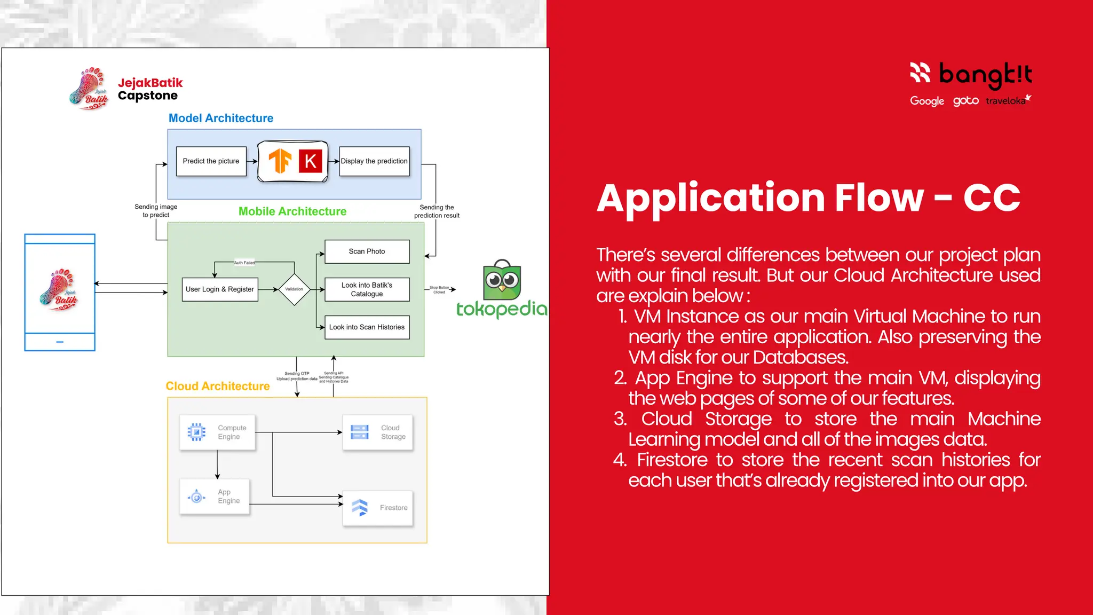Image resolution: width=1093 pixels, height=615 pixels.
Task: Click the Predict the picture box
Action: pos(211,161)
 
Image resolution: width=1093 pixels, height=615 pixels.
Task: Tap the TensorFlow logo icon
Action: pos(280,161)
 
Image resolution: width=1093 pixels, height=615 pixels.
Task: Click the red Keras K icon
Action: pos(311,161)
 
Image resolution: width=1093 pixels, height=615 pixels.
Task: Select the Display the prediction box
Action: pos(374,161)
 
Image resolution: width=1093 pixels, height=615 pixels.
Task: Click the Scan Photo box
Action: pos(367,251)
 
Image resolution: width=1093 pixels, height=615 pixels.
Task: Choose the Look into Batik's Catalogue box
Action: pos(367,289)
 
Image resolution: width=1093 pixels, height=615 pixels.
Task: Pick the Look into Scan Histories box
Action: pos(367,327)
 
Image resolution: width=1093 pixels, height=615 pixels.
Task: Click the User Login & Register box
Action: pos(220,289)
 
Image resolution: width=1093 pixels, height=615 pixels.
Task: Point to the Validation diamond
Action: pos(294,289)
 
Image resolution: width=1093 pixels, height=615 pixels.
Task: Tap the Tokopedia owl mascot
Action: pos(502,281)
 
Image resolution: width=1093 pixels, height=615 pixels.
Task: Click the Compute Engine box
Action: pos(217,432)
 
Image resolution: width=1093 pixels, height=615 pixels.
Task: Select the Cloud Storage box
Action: pos(378,432)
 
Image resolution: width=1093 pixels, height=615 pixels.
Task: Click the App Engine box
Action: pos(215,496)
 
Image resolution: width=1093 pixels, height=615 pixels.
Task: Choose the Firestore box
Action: pos(378,508)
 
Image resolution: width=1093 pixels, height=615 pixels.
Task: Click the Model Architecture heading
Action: pos(221,119)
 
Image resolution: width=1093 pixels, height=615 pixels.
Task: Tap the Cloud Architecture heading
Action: pos(218,386)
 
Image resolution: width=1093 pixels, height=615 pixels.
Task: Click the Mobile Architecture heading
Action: pos(292,211)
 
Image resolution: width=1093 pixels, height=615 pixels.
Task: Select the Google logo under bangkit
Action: pos(927,101)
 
